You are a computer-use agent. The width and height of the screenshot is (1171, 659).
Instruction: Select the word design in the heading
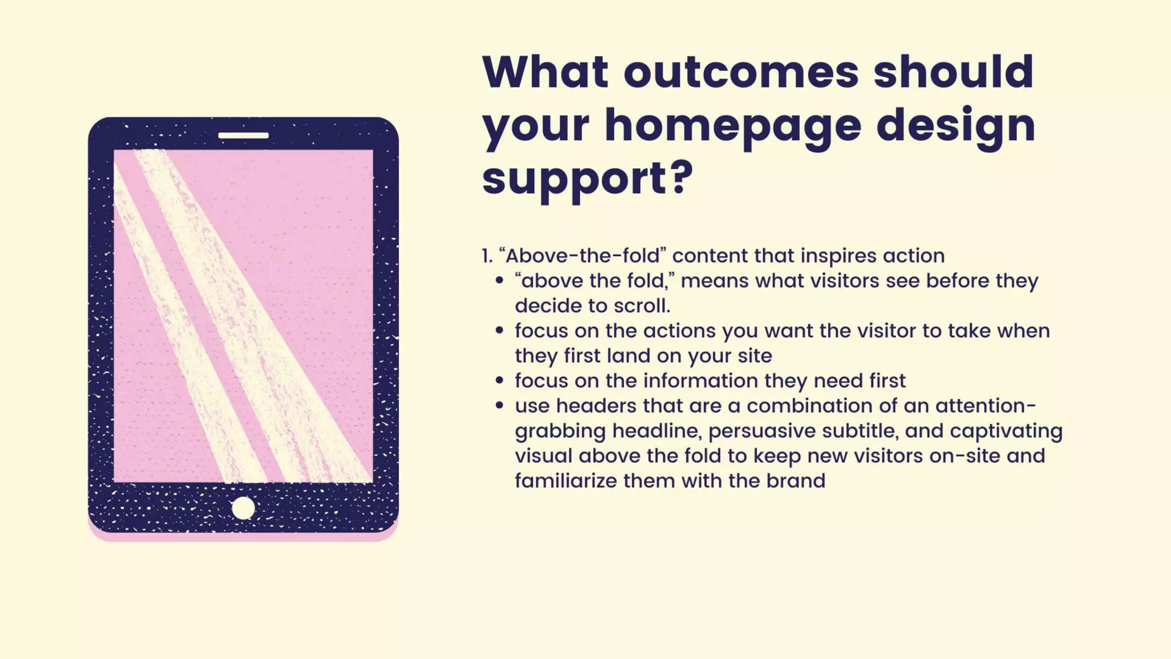click(x=955, y=126)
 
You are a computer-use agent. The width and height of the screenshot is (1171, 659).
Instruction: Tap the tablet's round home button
click(x=243, y=508)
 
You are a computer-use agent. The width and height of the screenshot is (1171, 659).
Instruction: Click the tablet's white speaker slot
click(x=243, y=136)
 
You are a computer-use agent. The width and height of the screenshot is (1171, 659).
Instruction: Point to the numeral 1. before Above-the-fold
click(x=487, y=256)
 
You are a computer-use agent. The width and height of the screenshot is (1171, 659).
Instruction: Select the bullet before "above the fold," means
click(x=500, y=281)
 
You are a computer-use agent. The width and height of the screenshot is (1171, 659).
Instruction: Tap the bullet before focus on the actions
click(x=500, y=331)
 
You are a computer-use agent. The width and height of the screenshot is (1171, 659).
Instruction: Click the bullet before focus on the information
click(x=500, y=380)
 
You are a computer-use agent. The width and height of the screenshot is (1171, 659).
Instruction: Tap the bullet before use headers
click(x=500, y=406)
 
